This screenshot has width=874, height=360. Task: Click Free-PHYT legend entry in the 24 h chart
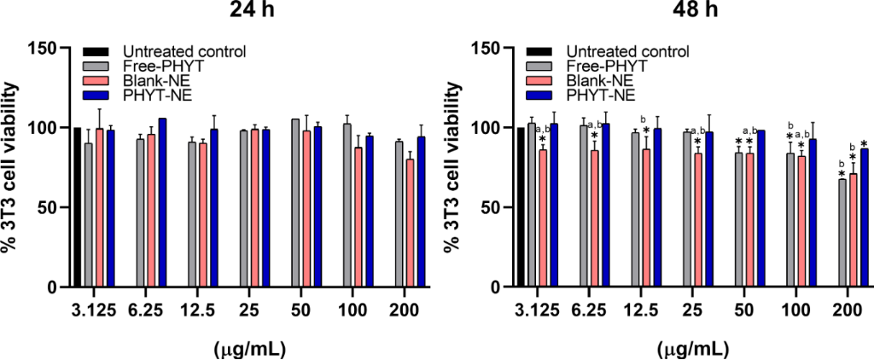point(157,65)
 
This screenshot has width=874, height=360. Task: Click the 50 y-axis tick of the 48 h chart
point(489,207)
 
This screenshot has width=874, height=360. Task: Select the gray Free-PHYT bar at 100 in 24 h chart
point(347,206)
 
